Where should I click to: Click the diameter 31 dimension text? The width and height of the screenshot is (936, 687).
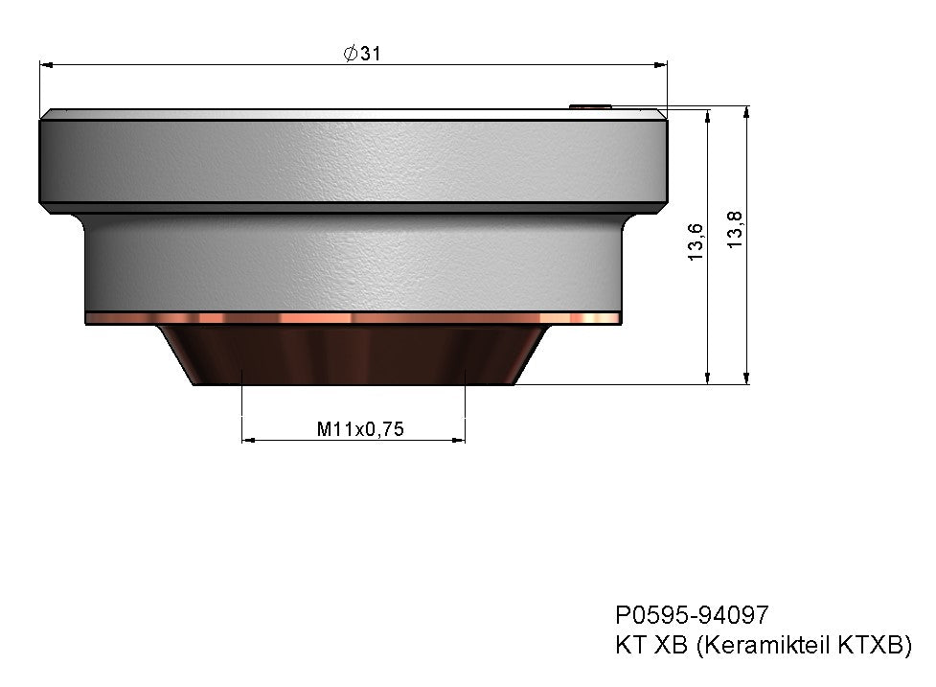pyautogui.click(x=362, y=55)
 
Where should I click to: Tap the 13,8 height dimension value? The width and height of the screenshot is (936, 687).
pyautogui.click(x=735, y=230)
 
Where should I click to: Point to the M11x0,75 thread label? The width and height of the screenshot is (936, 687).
pyautogui.click(x=360, y=430)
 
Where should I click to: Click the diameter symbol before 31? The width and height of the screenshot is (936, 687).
pyautogui.click(x=350, y=55)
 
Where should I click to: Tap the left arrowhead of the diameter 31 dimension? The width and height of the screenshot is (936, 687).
pyautogui.click(x=45, y=64)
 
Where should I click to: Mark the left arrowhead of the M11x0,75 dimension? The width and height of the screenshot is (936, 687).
pyautogui.click(x=248, y=440)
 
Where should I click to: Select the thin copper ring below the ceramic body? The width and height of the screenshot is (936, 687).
pyautogui.click(x=353, y=317)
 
